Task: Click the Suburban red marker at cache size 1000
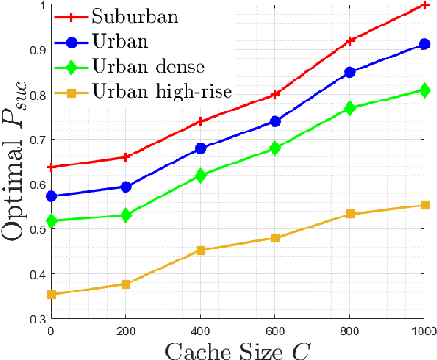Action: tap(424, 5)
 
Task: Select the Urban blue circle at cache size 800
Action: tap(350, 71)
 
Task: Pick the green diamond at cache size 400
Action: tap(200, 175)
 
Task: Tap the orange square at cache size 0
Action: tap(51, 294)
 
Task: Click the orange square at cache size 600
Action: tap(275, 238)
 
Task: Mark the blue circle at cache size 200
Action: tap(126, 186)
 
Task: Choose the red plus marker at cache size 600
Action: tap(275, 94)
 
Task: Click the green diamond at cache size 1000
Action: tap(424, 90)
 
